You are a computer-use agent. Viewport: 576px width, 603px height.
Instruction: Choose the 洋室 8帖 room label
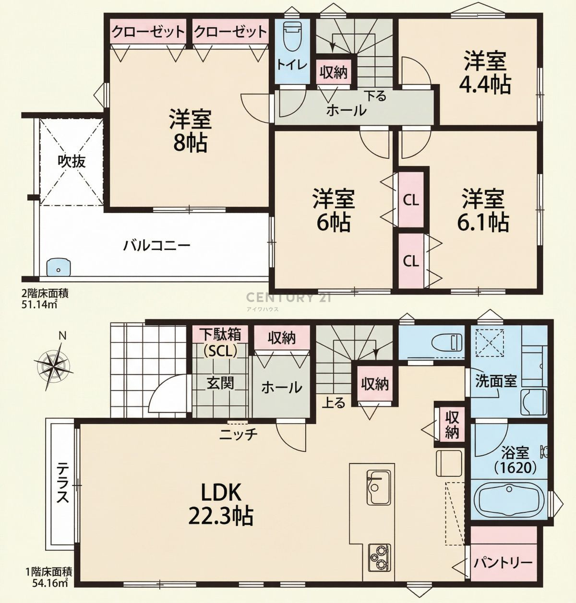(x=190, y=131)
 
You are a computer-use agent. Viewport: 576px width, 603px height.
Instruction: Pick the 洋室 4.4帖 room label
(x=485, y=73)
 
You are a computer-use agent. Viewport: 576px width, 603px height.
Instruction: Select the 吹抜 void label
(x=72, y=161)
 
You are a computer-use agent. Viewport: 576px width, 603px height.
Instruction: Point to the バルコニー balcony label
(x=156, y=246)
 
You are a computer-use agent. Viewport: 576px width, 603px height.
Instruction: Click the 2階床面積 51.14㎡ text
(x=44, y=298)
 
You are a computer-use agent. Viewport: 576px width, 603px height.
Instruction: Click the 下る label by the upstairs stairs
(x=375, y=96)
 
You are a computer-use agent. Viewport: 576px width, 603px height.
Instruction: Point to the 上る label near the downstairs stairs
(x=334, y=402)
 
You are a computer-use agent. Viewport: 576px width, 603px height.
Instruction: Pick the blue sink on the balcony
(x=59, y=267)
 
